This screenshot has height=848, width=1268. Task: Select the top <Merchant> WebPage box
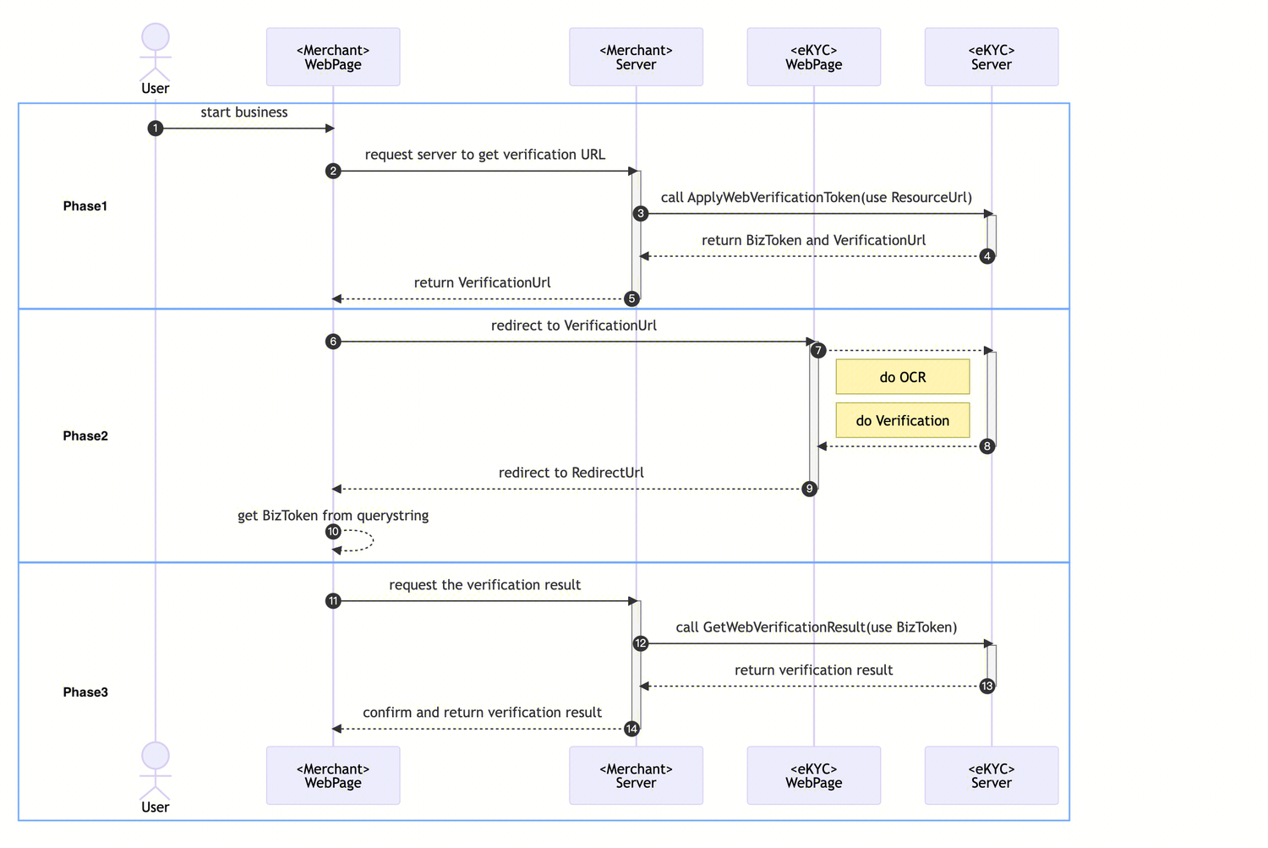tap(333, 57)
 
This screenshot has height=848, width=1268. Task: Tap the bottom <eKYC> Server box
tap(991, 775)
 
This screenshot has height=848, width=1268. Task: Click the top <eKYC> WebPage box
tap(813, 57)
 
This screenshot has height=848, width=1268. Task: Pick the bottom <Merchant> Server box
tap(636, 775)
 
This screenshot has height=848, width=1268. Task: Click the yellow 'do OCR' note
tap(902, 377)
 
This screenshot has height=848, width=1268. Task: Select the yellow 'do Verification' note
tap(902, 420)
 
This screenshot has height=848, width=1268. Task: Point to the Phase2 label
tap(85, 436)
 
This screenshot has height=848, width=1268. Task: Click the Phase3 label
tap(85, 692)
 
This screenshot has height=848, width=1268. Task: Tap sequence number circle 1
tap(155, 129)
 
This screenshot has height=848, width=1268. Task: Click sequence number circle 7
tap(817, 351)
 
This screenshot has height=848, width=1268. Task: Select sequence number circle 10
tap(333, 532)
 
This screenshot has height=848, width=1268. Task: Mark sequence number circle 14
tap(631, 729)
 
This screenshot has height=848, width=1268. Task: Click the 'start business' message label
tap(244, 112)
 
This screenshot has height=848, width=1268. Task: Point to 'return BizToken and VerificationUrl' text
tap(813, 240)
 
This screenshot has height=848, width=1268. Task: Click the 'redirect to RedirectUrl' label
tap(571, 473)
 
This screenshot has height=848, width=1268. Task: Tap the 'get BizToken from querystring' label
tap(333, 516)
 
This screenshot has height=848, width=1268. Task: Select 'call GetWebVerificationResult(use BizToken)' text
tap(817, 627)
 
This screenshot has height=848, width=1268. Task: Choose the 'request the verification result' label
tap(485, 585)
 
